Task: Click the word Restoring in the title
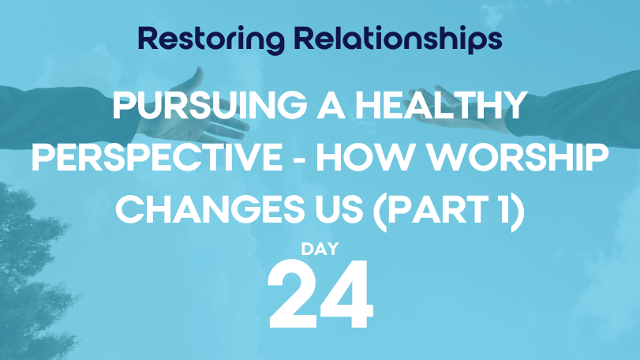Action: [x=211, y=40]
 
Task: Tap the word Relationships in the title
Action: [x=398, y=40]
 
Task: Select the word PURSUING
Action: [x=210, y=105]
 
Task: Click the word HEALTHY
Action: [x=440, y=105]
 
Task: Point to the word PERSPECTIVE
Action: [x=157, y=158]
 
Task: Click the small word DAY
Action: [x=320, y=249]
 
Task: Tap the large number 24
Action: [x=320, y=294]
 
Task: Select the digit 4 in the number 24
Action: [x=346, y=294]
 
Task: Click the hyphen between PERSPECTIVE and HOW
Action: [x=299, y=159]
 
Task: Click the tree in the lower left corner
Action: [x=32, y=278]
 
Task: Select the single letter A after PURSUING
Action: [x=331, y=105]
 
